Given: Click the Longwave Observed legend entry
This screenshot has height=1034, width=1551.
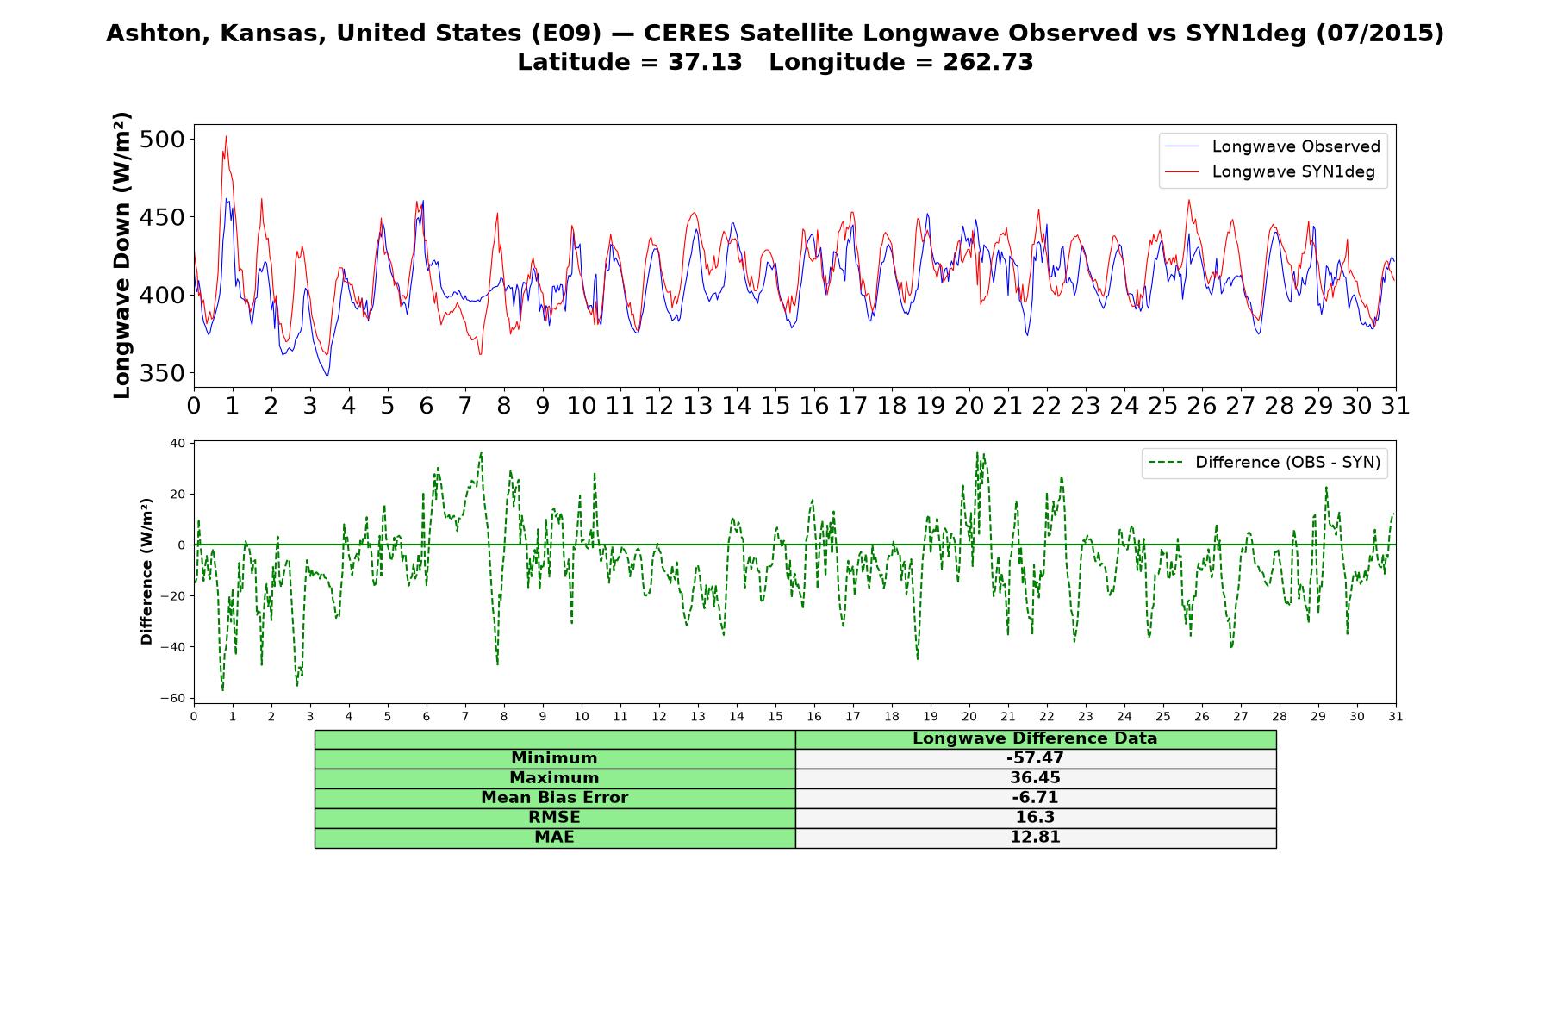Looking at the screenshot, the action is (1272, 146).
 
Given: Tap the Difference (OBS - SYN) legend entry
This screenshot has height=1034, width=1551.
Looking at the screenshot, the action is (1264, 463).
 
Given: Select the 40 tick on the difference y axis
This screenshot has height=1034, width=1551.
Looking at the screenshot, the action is (178, 443).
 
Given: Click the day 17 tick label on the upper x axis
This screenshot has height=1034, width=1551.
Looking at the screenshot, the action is (853, 406).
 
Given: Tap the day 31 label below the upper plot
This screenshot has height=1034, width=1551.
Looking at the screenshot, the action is (1396, 406).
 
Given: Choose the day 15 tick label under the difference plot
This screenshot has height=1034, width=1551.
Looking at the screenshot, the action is (775, 716).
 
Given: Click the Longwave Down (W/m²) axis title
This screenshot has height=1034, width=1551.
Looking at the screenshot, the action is (122, 255).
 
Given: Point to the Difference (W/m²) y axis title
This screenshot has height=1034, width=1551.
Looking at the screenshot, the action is (146, 571).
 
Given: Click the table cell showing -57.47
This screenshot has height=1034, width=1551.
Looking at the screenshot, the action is (1035, 758).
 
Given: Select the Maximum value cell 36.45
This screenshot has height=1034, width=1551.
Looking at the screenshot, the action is (1035, 778).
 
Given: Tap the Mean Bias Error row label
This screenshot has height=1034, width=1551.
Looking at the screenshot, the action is (554, 798).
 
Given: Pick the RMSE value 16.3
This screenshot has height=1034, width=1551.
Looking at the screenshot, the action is (1035, 818).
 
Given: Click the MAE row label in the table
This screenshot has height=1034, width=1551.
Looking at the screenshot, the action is (554, 838).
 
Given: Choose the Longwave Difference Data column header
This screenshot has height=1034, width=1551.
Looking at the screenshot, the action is (1035, 738).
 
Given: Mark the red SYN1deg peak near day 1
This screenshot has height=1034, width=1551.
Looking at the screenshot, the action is (226, 136).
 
